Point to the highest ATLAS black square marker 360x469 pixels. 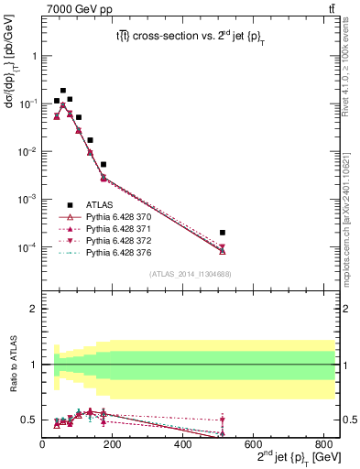coord(63,91)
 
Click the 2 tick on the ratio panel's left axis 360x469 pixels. coord(34,310)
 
